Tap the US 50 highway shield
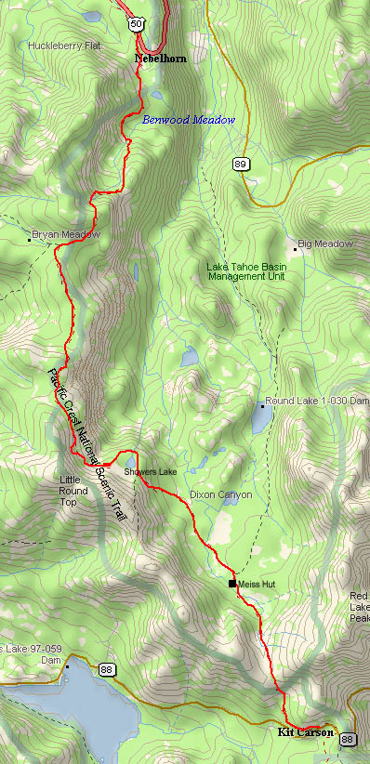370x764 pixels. (x=137, y=23)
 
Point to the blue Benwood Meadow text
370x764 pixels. (x=189, y=120)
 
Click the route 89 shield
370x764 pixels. (x=241, y=165)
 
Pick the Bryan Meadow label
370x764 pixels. (x=65, y=235)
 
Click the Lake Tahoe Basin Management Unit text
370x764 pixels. (x=245, y=271)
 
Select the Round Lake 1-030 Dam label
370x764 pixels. (x=317, y=401)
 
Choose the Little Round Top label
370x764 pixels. (x=74, y=490)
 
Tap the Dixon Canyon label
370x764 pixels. (x=220, y=494)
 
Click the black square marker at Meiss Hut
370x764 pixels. (x=232, y=584)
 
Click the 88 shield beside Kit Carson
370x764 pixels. (x=348, y=739)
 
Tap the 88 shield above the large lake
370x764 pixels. (x=107, y=669)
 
